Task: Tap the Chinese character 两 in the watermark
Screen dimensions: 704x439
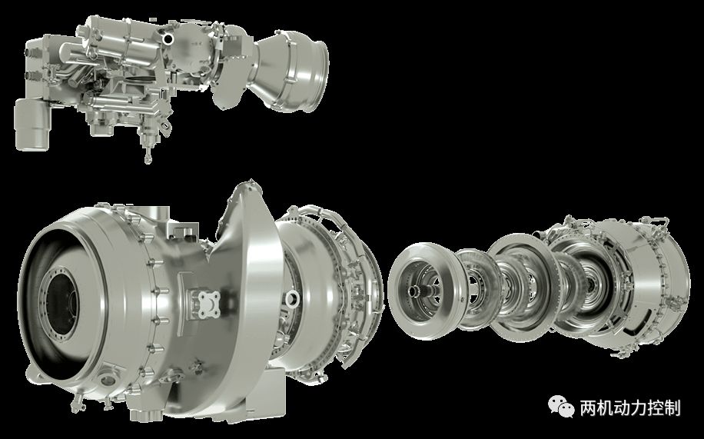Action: click(588, 408)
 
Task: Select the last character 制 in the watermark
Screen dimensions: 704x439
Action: click(672, 408)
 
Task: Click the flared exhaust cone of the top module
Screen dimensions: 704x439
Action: click(294, 71)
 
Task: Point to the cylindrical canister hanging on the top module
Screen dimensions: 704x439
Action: click(32, 125)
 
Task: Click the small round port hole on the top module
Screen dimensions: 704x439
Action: click(168, 38)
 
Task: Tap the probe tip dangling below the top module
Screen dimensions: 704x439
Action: click(148, 159)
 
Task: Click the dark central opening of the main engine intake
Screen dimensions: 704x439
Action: click(62, 299)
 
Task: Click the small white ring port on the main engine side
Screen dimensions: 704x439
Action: click(293, 297)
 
